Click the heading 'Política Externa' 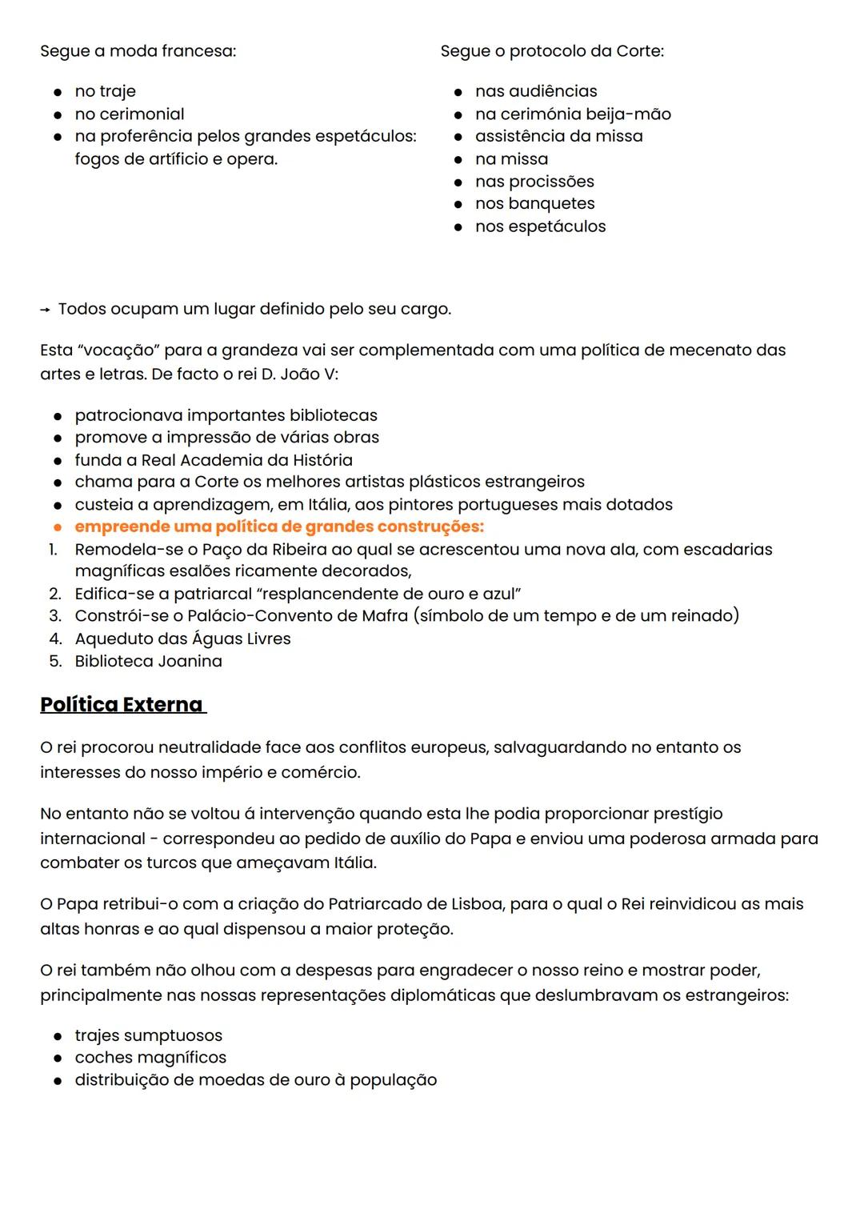point(122,704)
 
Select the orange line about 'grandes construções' point(279,526)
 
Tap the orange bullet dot point(58,527)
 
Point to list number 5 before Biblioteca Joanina point(55,661)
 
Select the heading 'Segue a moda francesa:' point(138,51)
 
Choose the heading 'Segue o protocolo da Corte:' point(552,51)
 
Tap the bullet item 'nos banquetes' point(534,203)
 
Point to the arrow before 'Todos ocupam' point(46,310)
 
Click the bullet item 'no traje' point(105,91)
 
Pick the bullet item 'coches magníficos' point(150,1057)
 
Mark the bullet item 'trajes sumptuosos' point(148,1035)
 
